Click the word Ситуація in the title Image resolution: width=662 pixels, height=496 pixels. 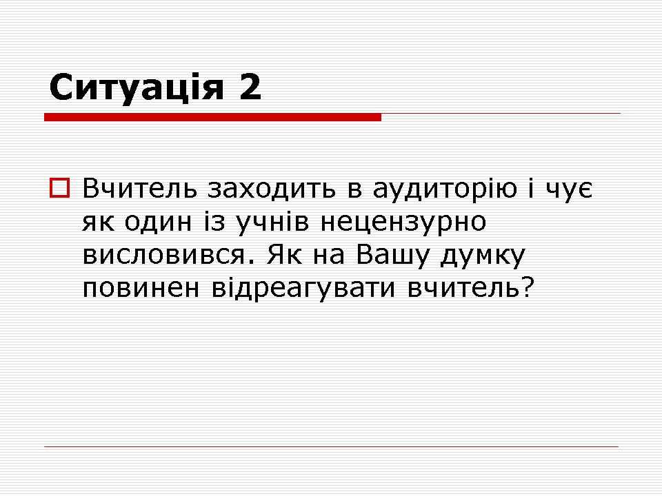(136, 87)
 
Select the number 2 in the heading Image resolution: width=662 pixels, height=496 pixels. (250, 87)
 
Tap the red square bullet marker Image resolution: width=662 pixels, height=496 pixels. (59, 187)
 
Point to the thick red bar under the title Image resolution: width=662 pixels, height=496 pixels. (213, 117)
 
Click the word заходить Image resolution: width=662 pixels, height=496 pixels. (272, 189)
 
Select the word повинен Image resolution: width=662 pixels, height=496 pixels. (141, 289)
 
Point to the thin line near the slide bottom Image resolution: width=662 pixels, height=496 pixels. (332, 446)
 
